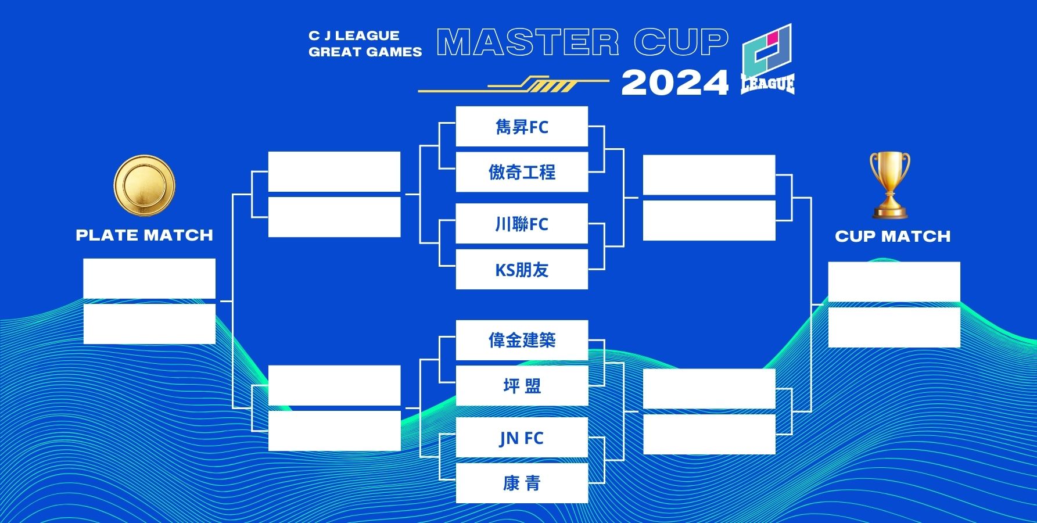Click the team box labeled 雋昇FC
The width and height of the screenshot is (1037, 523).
(522, 126)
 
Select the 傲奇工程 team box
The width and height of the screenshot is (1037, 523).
(522, 172)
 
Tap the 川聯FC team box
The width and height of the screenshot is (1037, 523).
(522, 224)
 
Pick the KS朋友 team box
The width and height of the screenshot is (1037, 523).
(522, 270)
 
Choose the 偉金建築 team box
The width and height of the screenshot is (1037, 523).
(522, 340)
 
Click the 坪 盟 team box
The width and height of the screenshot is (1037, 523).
(522, 386)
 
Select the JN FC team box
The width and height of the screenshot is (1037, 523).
(522, 438)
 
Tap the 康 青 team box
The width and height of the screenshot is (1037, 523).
(522, 483)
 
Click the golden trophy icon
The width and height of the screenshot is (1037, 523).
(889, 185)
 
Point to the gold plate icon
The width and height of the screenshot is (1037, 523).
(144, 185)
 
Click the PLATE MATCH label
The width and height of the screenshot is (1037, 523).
(145, 235)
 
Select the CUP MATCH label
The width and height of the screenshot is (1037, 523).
(893, 237)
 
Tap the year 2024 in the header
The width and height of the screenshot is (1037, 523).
(675, 83)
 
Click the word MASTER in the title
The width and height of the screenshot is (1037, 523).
(528, 42)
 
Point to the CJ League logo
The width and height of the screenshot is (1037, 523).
(767, 59)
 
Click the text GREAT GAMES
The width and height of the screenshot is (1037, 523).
(365, 52)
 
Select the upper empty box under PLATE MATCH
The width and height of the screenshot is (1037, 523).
(149, 278)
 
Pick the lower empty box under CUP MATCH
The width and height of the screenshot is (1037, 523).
(894, 328)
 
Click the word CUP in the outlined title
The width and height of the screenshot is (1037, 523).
(681, 42)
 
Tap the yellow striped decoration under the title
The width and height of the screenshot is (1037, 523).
(514, 84)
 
